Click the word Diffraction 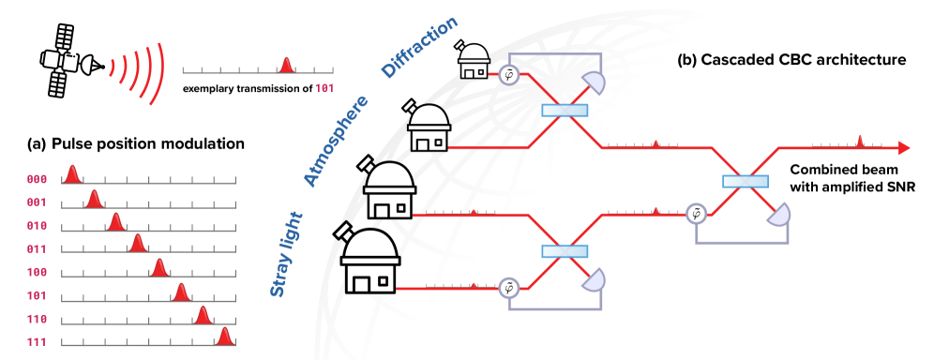pyautogui.click(x=419, y=47)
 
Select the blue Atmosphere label pyautogui.click(x=335, y=141)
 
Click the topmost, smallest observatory pyautogui.click(x=474, y=62)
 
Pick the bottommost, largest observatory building pyautogui.click(x=370, y=262)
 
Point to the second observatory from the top pyautogui.click(x=429, y=128)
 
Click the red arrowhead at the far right pyautogui.click(x=904, y=148)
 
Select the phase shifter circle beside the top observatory pyautogui.click(x=509, y=74)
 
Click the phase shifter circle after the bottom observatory pyautogui.click(x=508, y=288)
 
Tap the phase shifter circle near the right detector pyautogui.click(x=696, y=215)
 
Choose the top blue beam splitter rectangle pyautogui.click(x=565, y=111)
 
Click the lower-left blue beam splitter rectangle pyautogui.click(x=565, y=250)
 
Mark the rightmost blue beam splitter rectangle pyautogui.click(x=746, y=181)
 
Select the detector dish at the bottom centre pyautogui.click(x=592, y=279)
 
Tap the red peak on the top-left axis pyautogui.click(x=286, y=65)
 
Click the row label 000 pyautogui.click(x=37, y=179)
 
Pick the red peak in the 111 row pyautogui.click(x=224, y=337)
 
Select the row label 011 pyautogui.click(x=37, y=249)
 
